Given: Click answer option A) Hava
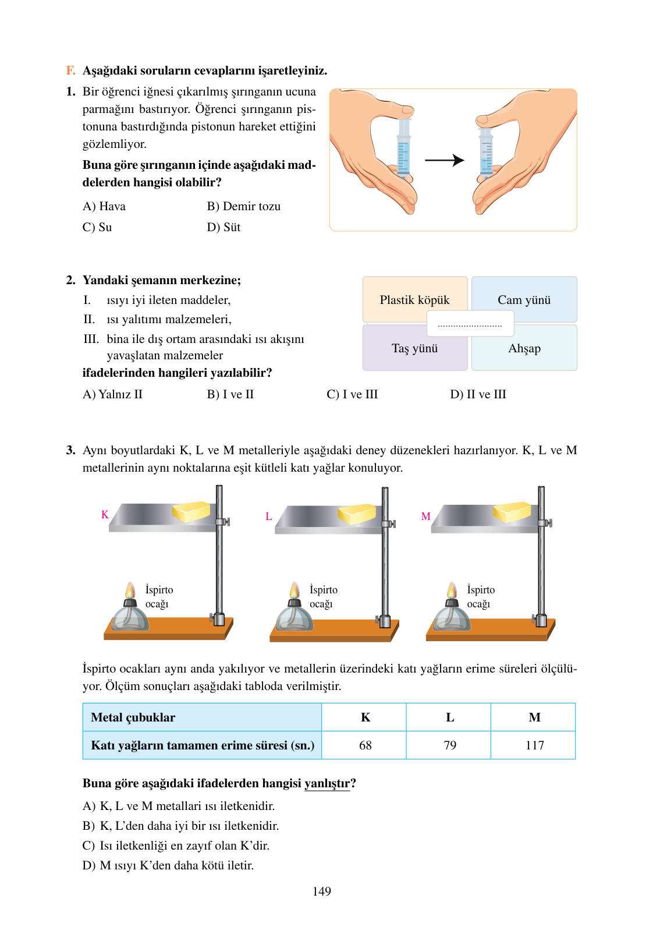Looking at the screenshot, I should tap(104, 207).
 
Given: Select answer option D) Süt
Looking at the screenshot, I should tap(223, 228).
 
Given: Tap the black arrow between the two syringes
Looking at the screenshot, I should tap(444, 160).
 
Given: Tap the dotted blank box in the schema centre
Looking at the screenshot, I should tap(470, 324).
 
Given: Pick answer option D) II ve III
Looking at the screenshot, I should tap(478, 395).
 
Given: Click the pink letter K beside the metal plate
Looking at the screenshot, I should tap(105, 515).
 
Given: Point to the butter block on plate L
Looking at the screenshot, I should tap(357, 514).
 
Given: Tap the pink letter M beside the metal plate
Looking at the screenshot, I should tap(425, 517).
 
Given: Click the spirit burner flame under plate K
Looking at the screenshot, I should tap(130, 590).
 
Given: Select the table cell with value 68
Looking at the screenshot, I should tap(365, 745).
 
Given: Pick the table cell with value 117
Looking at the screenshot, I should tap(534, 745).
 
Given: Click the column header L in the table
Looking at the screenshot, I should tap(450, 717).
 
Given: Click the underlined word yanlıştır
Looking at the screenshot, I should tap(327, 784).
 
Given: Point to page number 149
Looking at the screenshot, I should tap(322, 892).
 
